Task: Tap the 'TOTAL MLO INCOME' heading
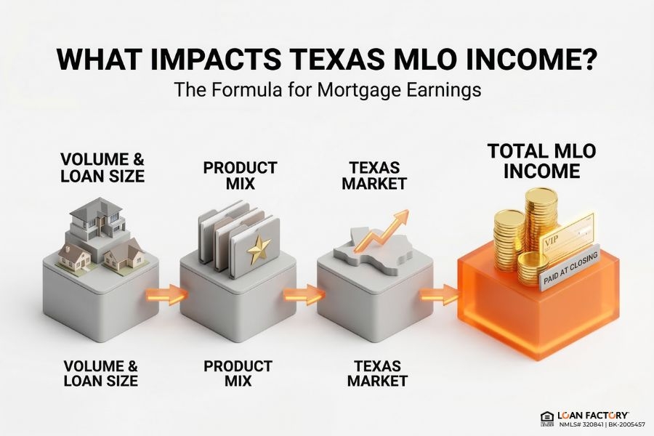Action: pos(542,161)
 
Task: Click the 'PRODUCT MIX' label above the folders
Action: pos(239,174)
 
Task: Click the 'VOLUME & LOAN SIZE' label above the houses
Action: pos(102,167)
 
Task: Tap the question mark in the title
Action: pos(585,59)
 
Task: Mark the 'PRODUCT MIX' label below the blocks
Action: pos(239,372)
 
